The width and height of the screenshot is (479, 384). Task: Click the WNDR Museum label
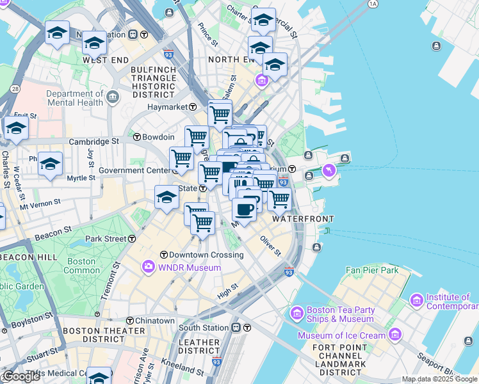(x=190, y=266)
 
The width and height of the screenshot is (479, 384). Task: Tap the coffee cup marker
(x=244, y=209)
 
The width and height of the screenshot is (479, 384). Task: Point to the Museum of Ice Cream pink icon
(x=395, y=335)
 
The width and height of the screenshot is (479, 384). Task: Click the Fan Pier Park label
(x=371, y=271)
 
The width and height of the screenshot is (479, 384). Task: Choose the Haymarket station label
(x=172, y=107)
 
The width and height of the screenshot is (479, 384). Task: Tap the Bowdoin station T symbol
(x=136, y=137)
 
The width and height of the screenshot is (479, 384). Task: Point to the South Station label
(x=203, y=328)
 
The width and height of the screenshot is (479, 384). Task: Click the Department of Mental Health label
(x=74, y=98)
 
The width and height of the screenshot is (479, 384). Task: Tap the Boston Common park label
(x=81, y=266)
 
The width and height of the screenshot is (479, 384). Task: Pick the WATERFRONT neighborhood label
(x=302, y=219)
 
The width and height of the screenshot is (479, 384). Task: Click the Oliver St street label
(x=270, y=245)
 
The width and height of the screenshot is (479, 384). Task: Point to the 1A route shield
(x=373, y=4)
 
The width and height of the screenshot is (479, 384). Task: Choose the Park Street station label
(x=106, y=239)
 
